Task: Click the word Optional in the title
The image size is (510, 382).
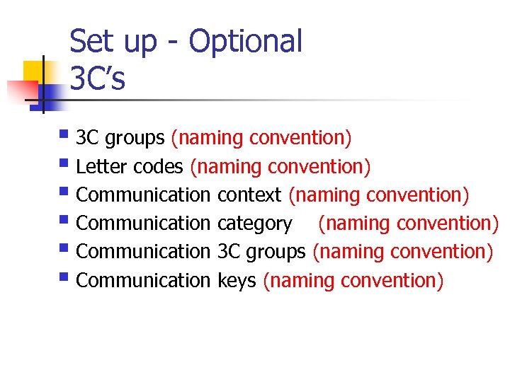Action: [x=245, y=42]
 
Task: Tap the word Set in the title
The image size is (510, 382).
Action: [x=91, y=42]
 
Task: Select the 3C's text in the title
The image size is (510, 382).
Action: [x=98, y=79]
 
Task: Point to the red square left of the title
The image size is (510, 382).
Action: [x=20, y=91]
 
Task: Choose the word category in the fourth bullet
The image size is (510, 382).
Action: [x=254, y=224]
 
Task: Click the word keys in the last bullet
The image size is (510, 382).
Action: [x=237, y=280]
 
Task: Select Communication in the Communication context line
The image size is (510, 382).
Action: [x=143, y=195]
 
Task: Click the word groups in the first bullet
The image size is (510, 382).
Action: [x=134, y=138]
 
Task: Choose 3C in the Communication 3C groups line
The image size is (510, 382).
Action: [x=229, y=252]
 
